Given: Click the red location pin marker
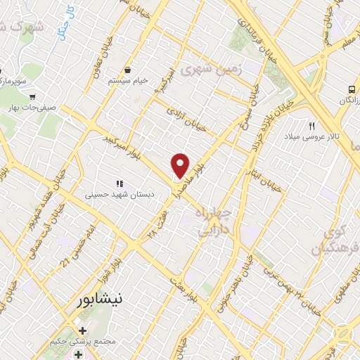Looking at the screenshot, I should (181, 165).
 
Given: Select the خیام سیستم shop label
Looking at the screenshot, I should (129, 81).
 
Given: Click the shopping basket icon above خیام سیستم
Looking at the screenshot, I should (129, 70).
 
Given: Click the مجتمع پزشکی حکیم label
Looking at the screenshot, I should (83, 342).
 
